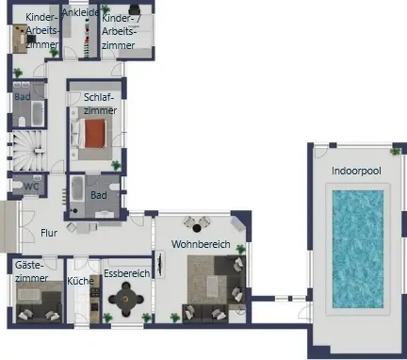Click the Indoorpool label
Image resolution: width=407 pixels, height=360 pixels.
tap(356, 171)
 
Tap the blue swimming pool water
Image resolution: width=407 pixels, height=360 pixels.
tap(358, 249)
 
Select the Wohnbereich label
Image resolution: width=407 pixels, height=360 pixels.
tap(201, 244)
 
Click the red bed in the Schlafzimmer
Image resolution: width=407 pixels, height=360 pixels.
tap(94, 134)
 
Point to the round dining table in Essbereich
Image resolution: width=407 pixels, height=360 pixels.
tap(126, 299)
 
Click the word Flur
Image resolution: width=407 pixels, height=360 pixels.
tap(49, 233)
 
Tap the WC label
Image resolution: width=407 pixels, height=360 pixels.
tap(31, 186)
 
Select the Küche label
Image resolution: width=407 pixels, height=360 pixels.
tap(80, 281)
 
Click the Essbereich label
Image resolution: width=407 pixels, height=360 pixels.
tap(127, 273)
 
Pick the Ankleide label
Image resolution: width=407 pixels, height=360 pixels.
tap(80, 12)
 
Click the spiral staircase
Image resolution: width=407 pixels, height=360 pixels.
tap(29, 150)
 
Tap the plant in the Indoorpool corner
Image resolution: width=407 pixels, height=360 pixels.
tap(395, 151)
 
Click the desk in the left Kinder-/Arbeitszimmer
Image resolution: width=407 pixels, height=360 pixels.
tap(20, 39)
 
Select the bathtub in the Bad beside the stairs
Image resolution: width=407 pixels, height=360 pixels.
tap(38, 113)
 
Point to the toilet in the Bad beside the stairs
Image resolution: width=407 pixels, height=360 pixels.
tap(22, 121)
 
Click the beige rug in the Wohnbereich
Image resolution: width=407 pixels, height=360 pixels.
tap(206, 280)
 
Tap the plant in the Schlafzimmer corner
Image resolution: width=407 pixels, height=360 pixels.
tap(116, 165)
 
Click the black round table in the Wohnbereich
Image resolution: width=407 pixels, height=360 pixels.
tap(197, 228)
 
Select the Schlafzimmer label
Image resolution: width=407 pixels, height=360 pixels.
tap(100, 104)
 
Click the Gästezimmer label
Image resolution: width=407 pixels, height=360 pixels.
tap(31, 271)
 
